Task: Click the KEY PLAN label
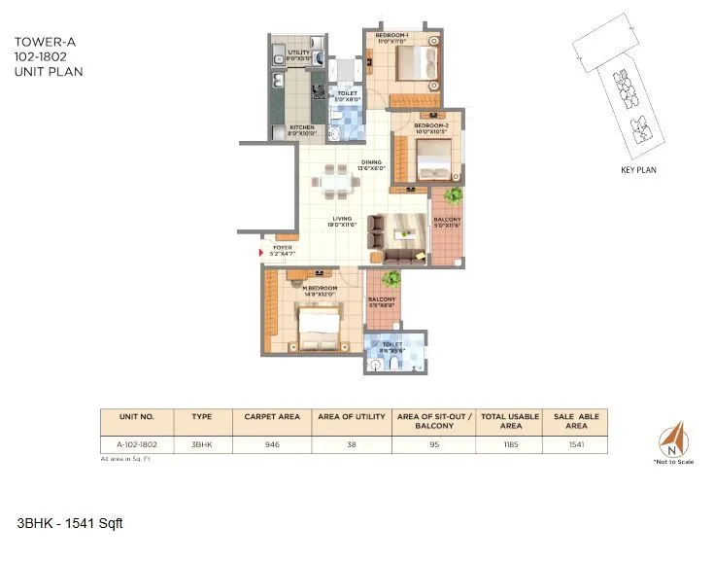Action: [639, 169]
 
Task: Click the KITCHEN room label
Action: [299, 127]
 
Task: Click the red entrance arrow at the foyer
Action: [260, 254]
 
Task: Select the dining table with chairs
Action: [334, 183]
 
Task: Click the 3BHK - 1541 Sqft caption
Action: [70, 524]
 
